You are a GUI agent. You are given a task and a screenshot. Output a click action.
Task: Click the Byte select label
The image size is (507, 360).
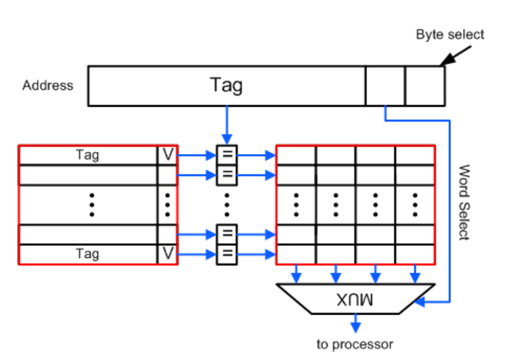[x=450, y=34]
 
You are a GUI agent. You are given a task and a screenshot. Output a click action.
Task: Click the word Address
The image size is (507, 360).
[x=47, y=85]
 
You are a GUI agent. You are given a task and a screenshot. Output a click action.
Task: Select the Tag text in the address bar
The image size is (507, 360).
[x=227, y=85]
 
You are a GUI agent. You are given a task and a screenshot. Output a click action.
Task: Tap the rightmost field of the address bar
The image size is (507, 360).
[x=424, y=85]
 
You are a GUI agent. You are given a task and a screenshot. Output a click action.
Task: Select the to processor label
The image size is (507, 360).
[x=355, y=345]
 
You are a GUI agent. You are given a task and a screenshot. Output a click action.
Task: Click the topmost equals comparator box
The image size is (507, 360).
[x=227, y=155]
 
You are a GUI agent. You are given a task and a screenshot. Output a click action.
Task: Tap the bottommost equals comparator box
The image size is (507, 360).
[x=227, y=254]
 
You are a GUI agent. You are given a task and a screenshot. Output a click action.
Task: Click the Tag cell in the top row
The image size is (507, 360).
[x=87, y=155]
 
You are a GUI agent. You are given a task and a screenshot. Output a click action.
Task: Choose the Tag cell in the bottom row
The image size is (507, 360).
[x=87, y=254]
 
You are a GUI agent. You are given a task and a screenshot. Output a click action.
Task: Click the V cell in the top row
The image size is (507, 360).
[x=167, y=155]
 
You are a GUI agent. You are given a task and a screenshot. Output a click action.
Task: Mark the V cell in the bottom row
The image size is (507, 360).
[x=167, y=254]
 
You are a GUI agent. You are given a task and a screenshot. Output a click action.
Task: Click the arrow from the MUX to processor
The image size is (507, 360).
[x=355, y=323]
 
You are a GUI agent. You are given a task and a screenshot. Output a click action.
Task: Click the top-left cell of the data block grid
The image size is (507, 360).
[x=296, y=155]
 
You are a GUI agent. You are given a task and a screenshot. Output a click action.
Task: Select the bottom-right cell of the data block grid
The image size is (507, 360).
[x=415, y=254]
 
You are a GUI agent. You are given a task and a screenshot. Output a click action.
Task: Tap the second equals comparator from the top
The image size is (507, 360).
[x=227, y=175]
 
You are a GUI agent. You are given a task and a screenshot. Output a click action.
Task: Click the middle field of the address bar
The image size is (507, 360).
[x=385, y=85]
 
